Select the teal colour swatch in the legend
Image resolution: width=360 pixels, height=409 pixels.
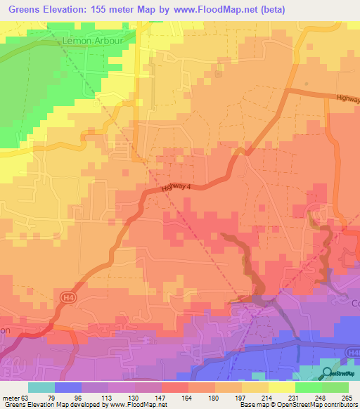coord(41,387)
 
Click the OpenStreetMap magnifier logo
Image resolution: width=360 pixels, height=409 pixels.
coord(328,372)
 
